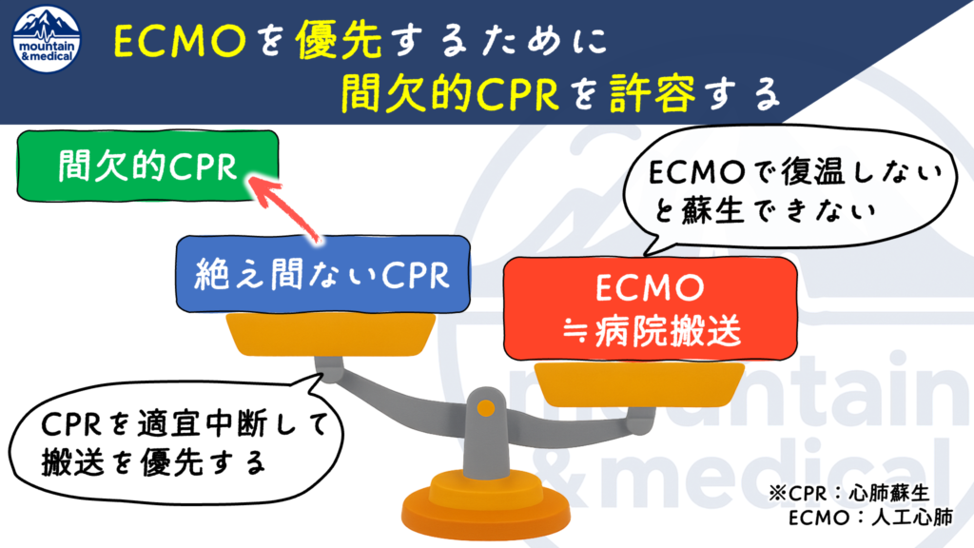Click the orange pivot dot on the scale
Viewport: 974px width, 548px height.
pyautogui.click(x=485, y=409)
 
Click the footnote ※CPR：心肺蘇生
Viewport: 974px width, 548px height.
pyautogui.click(x=847, y=495)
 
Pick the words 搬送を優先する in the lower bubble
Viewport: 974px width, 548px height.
pyautogui.click(x=152, y=462)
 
